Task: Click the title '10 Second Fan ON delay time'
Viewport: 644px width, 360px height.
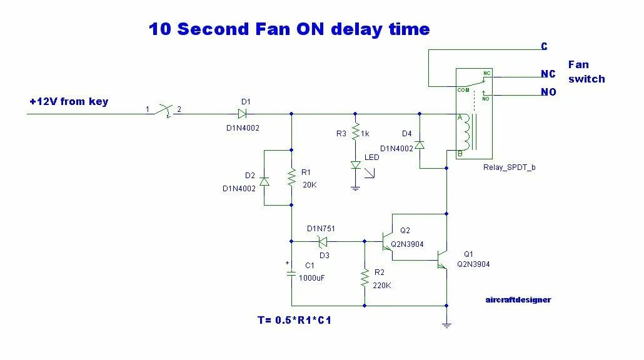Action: click(289, 29)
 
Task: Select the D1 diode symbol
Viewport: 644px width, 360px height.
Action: click(242, 114)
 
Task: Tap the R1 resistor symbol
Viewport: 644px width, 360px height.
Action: click(291, 177)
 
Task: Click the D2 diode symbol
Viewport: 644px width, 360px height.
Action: click(264, 181)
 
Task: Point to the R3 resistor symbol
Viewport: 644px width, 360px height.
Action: click(355, 132)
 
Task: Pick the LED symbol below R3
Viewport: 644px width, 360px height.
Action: click(355, 165)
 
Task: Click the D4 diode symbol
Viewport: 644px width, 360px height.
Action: click(419, 144)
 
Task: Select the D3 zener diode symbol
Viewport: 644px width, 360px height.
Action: click(323, 241)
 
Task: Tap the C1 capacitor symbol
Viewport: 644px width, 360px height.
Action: click(291, 273)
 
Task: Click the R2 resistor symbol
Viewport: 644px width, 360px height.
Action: click(365, 278)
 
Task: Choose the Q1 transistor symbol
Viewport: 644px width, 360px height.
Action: click(443, 257)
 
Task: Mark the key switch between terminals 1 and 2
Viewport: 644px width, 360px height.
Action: click(164, 111)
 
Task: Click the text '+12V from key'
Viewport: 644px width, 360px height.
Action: click(69, 101)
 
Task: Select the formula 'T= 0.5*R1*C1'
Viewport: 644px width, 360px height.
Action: click(294, 321)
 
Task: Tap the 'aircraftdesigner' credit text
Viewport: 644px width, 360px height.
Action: click(518, 299)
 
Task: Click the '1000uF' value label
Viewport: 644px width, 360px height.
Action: click(312, 278)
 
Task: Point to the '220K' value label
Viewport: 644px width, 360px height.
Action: click(383, 286)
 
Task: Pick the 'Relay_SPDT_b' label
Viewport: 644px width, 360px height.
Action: click(509, 167)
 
